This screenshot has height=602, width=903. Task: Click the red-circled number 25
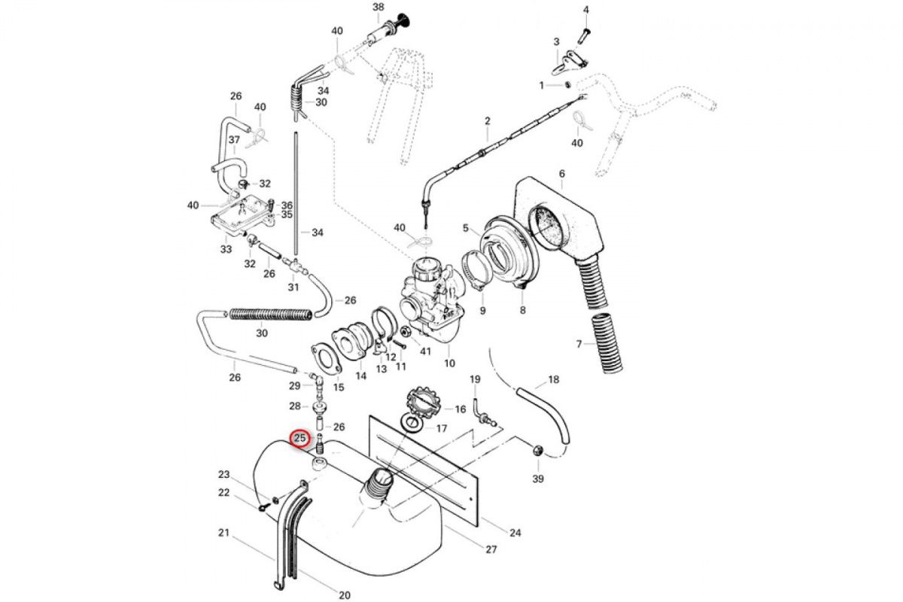tap(300, 438)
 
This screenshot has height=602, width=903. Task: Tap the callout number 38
tap(379, 7)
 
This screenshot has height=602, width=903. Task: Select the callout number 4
tap(586, 9)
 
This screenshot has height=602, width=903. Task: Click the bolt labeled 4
tap(585, 33)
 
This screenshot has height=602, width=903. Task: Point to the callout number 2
tap(487, 121)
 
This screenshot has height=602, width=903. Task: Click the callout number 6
tap(561, 174)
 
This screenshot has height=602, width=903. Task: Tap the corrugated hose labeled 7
tap(607, 342)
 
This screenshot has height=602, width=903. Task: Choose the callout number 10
tap(450, 363)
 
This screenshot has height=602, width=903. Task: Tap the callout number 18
tap(554, 380)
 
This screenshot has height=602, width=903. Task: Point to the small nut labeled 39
tap(537, 451)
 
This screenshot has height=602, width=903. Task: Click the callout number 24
tap(515, 534)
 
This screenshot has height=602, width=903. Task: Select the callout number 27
tap(491, 549)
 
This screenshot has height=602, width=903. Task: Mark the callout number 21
tap(223, 534)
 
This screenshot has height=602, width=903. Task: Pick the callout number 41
tap(426, 351)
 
